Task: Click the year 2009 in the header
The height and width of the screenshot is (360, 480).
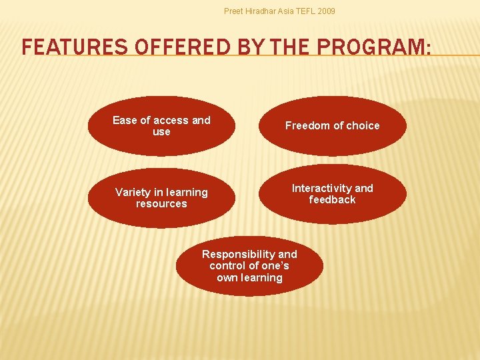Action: (x=326, y=11)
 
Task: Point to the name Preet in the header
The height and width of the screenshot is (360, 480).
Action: (x=234, y=11)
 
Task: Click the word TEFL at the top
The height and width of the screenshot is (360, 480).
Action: (x=305, y=11)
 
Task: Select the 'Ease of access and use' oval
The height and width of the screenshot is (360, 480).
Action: (x=161, y=126)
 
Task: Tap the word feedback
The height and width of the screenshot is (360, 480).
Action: (x=332, y=200)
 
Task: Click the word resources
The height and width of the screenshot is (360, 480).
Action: (x=161, y=204)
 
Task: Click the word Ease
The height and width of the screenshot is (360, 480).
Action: (x=125, y=121)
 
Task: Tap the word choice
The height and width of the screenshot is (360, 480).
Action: (x=363, y=126)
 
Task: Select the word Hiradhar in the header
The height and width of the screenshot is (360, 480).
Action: (x=264, y=11)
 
